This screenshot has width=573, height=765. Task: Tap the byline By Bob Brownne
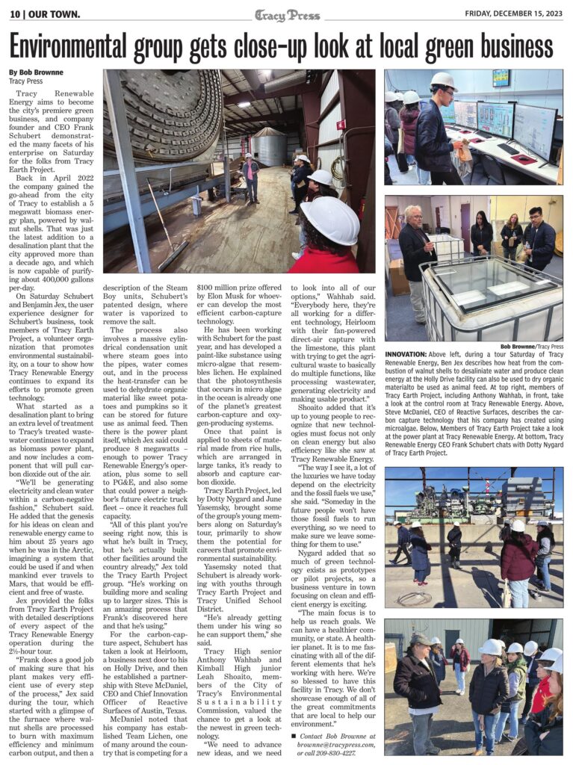tap(36, 72)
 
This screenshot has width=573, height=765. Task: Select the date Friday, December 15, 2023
tap(514, 13)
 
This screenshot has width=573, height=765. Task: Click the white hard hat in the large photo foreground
tap(330, 220)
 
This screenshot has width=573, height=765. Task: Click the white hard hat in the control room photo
tap(444, 81)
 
